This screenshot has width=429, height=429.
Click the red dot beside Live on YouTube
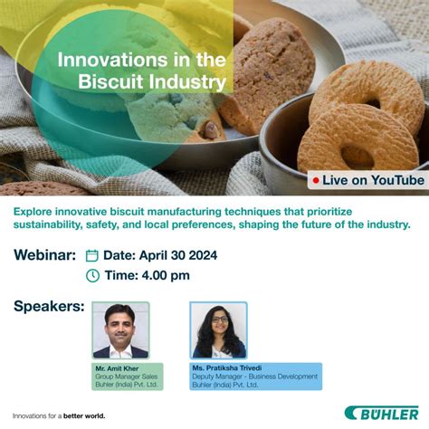pyautogui.click(x=316, y=181)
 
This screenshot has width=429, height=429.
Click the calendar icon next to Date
pyautogui.click(x=91, y=256)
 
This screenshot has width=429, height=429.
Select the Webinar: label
pyautogui.click(x=44, y=255)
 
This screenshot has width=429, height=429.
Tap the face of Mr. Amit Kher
pyautogui.click(x=120, y=322)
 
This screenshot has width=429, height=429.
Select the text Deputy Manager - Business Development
pyautogui.click(x=254, y=377)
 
